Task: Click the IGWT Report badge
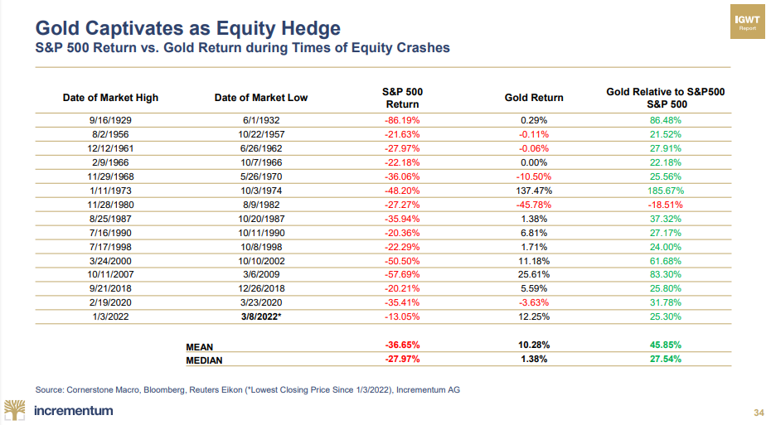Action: click(x=748, y=22)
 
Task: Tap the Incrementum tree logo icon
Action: click(x=16, y=409)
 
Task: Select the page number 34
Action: click(x=758, y=412)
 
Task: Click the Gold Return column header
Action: click(x=534, y=98)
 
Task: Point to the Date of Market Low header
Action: click(x=260, y=98)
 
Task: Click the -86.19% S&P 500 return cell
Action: click(x=402, y=120)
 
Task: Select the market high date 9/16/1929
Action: click(x=110, y=120)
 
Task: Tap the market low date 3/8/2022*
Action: click(x=261, y=316)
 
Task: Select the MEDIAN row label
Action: click(x=206, y=360)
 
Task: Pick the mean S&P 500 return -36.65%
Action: click(x=402, y=344)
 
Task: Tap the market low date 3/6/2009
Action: click(x=261, y=273)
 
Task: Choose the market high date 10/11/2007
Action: click(x=110, y=273)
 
